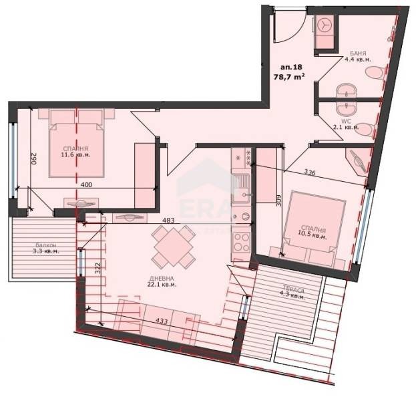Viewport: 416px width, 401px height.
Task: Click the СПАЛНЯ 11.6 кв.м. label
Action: (75, 152)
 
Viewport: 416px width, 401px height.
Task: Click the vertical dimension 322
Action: (97, 269)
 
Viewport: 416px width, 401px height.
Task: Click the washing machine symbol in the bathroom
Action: (325, 25)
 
